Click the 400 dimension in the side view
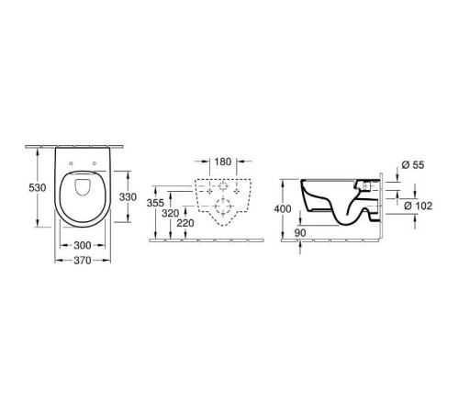[x=283, y=208]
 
